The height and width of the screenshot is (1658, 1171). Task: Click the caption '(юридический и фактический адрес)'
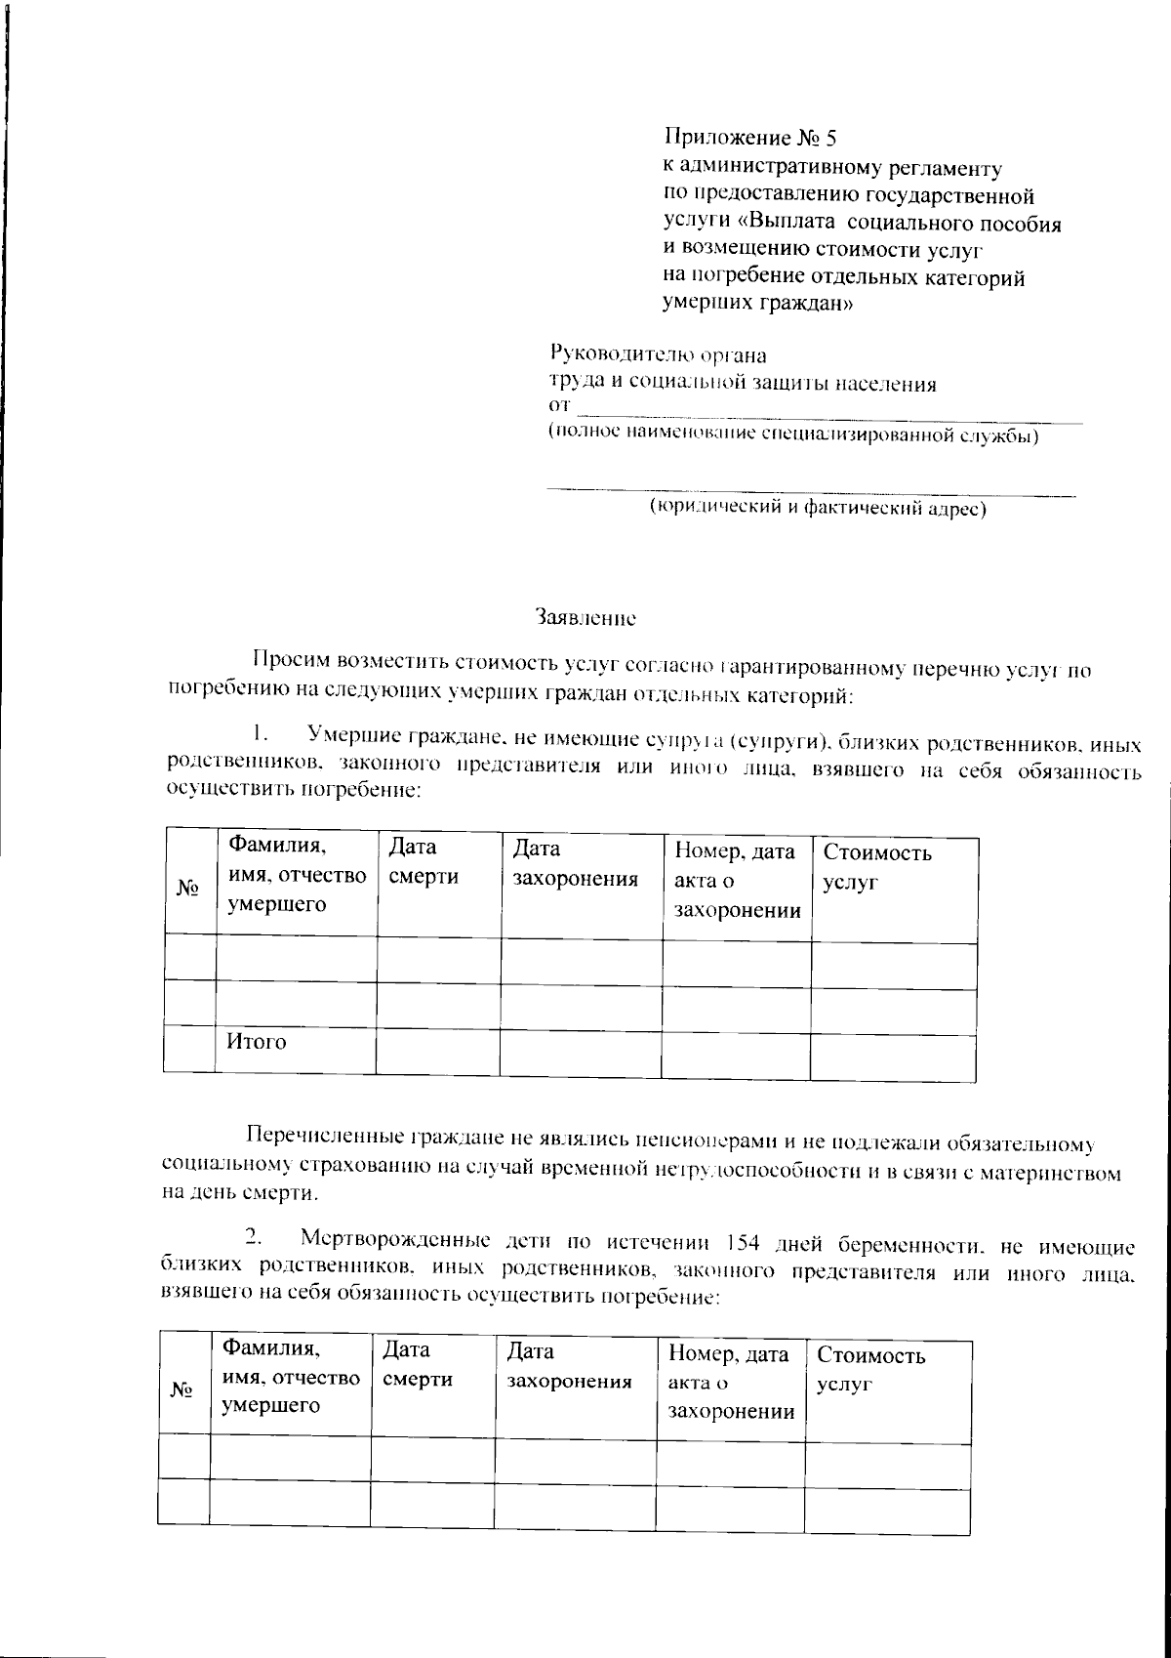coord(819,508)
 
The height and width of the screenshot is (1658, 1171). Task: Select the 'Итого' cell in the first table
coord(257,1042)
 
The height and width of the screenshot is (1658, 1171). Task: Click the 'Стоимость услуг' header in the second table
coord(870,1369)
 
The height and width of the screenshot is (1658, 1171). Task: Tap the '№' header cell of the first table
coord(188,888)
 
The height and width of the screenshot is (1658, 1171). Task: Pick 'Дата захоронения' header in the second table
coord(570,1366)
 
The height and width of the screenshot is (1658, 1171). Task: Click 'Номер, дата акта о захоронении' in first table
coord(737,881)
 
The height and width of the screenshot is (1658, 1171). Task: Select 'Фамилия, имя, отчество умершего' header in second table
coord(291,1378)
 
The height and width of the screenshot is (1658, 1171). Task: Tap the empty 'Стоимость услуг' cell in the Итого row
coord(892,1056)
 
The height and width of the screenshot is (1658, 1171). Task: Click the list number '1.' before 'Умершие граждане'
coord(258,732)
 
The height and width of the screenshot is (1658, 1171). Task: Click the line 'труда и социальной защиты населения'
coord(741,383)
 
